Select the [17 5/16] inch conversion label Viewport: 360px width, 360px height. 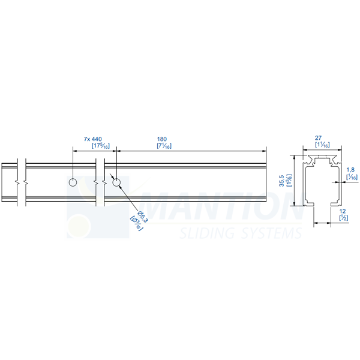[x=100, y=145]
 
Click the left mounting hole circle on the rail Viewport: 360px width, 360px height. [x=73, y=182]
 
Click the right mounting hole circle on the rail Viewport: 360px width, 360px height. [x=116, y=182]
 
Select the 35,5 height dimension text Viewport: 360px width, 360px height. [x=281, y=181]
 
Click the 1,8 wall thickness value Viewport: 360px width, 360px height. [x=351, y=170]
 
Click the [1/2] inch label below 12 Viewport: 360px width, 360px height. [x=344, y=218]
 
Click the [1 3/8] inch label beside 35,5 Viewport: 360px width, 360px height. [x=289, y=181]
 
